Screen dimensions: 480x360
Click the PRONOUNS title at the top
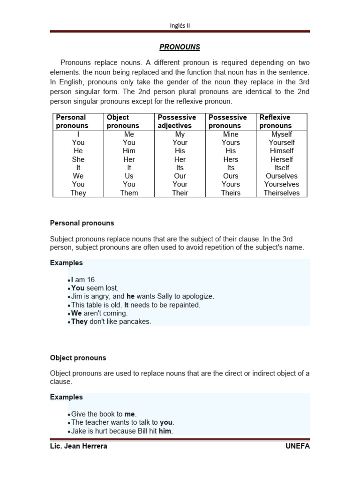point(180,47)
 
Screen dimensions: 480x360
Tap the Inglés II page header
point(180,26)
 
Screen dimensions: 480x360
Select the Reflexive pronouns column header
point(275,121)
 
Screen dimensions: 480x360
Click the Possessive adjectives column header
point(177,121)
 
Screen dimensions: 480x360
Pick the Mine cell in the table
point(231,134)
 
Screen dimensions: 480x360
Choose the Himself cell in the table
point(281,151)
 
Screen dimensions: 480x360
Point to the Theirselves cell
point(281,193)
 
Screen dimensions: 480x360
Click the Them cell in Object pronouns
point(129,193)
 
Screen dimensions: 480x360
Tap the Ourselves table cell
point(281,176)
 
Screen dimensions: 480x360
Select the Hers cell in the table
point(231,159)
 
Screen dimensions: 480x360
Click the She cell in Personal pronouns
point(78,159)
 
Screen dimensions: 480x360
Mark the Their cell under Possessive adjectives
point(180,193)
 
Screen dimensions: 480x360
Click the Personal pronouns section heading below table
point(82,223)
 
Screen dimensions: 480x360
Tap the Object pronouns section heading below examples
point(78,358)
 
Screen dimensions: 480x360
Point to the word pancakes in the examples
point(136,322)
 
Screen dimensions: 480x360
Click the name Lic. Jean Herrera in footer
point(78,446)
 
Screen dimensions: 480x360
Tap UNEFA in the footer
point(298,446)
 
